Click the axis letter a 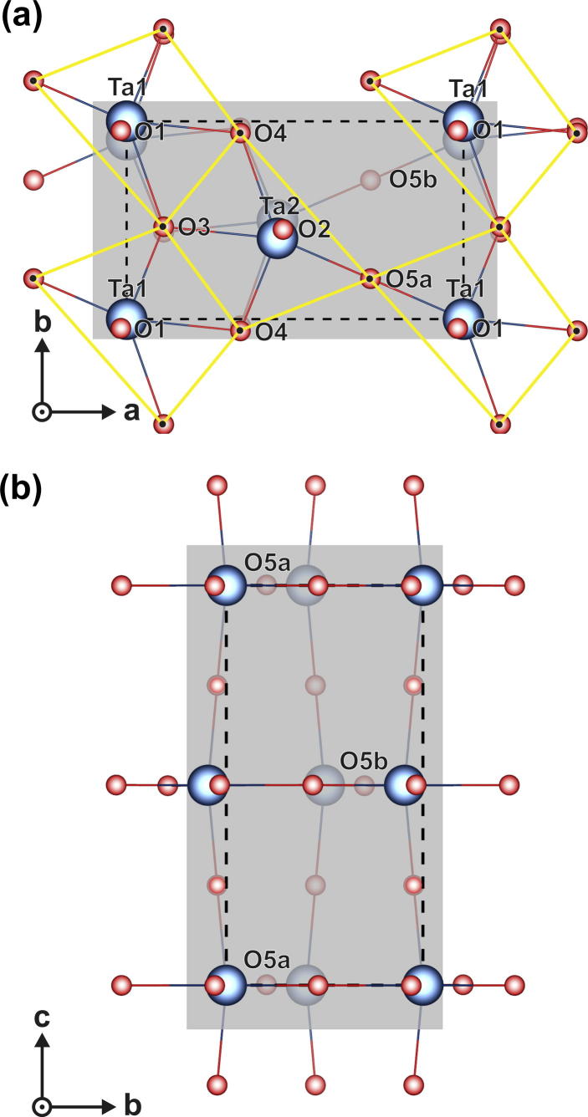coord(131,411)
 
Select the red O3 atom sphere coord(164,227)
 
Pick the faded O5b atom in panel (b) coord(364,786)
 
